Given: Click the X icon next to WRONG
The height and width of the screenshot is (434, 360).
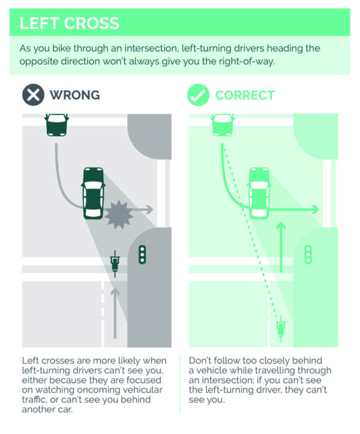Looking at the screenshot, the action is pos(33,95).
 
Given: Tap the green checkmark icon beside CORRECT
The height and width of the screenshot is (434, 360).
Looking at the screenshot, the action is pos(198,95).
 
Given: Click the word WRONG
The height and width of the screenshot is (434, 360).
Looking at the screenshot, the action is pos(75,95).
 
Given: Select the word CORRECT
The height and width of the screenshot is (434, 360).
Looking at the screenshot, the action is pos(245,95).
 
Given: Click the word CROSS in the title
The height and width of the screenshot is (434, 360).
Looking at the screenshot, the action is pos(92,23).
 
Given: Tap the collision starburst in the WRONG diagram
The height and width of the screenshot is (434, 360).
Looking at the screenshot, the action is pos(118,214).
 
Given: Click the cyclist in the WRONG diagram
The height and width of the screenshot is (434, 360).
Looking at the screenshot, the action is pos(115,264).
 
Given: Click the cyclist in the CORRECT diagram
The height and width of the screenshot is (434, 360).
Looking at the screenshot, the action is pos(281,329).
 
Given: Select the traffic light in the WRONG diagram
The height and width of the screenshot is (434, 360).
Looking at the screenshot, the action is pos(142,255).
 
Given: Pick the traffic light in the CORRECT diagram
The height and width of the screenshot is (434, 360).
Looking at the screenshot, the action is pos(308,255).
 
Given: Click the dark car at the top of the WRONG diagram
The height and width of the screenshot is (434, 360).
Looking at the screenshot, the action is pos(57,125).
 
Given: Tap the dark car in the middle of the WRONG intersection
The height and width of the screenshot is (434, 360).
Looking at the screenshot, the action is pos(93,193).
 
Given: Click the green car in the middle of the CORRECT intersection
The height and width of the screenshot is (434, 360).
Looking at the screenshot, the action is pos(259,193).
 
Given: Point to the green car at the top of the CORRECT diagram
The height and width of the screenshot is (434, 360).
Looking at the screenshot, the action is pos(223,125).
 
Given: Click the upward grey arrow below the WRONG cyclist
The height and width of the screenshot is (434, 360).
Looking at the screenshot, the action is pos(115,313).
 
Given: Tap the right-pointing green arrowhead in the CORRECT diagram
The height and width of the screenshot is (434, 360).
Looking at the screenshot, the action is pos(315,209).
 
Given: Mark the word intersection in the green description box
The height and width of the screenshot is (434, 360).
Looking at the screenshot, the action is pos(151,49).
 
